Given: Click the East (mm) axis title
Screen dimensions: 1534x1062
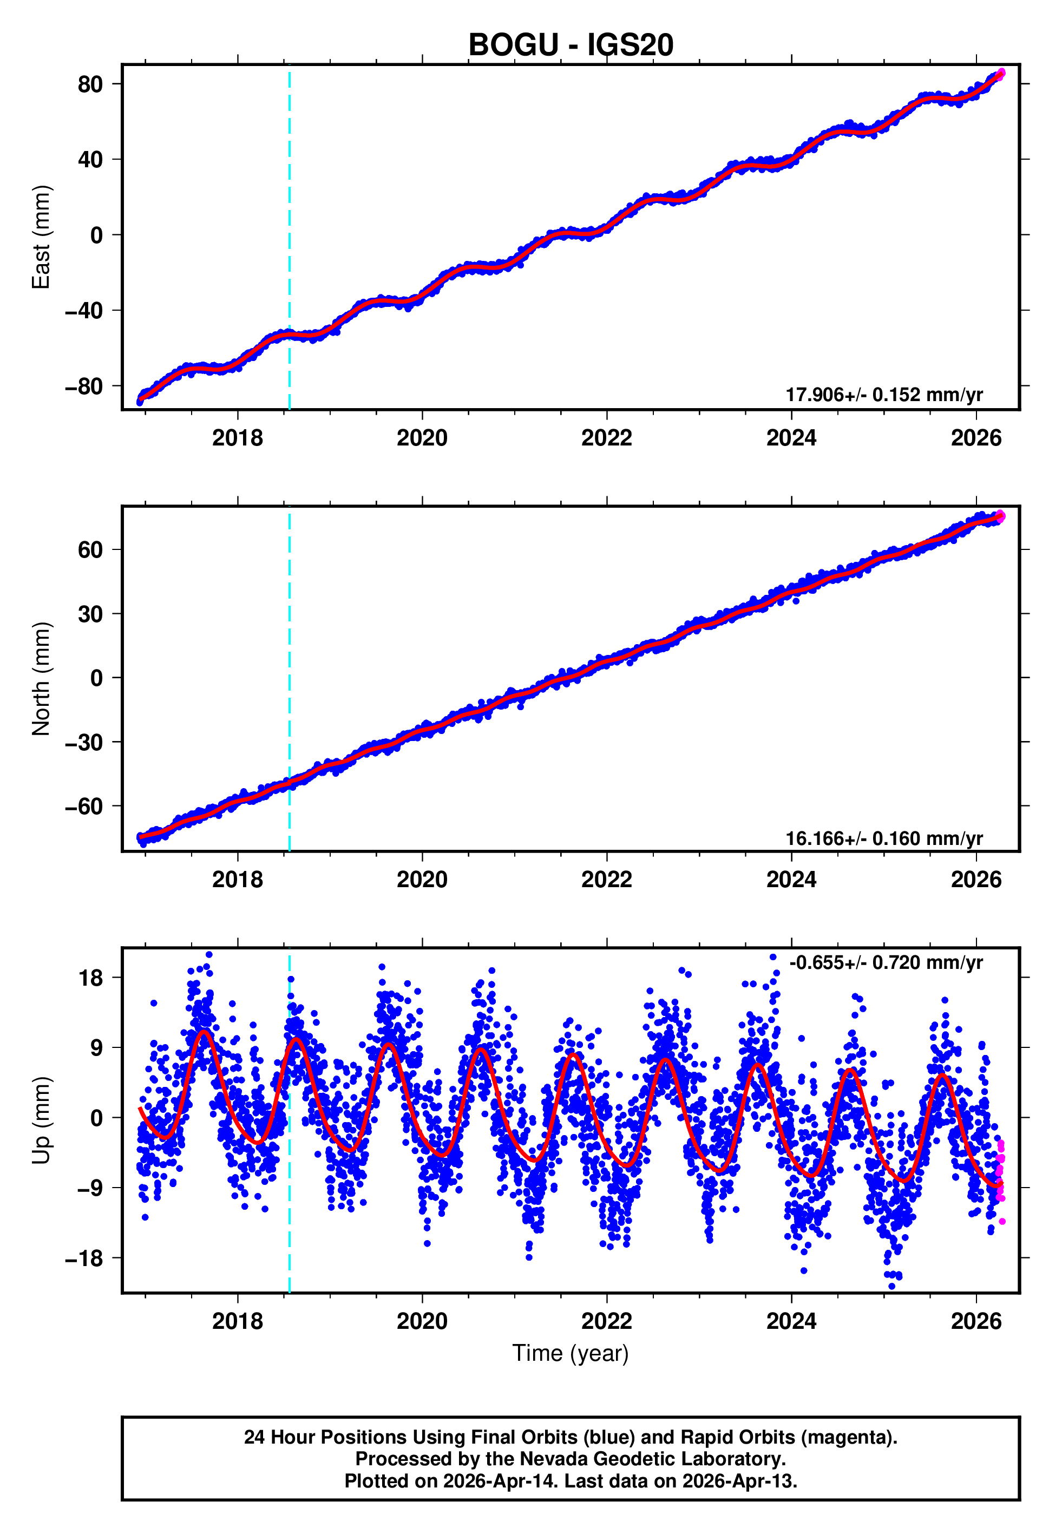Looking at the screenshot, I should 41,237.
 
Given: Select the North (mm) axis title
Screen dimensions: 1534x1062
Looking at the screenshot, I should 41,679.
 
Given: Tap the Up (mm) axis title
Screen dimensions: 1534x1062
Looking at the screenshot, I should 41,1120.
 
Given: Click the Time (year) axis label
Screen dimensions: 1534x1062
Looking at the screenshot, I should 571,1354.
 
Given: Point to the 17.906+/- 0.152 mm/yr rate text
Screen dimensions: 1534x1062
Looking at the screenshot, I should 884,395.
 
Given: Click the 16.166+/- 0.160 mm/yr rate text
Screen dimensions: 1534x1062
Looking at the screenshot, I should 884,838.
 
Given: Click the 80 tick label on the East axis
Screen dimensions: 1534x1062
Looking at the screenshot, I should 90,84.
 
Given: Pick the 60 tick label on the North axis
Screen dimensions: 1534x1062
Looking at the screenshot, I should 90,550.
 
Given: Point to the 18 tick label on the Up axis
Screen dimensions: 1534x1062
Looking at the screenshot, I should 90,978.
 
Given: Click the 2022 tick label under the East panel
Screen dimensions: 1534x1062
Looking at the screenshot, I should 606,438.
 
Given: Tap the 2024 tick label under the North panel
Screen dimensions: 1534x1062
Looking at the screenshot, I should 791,880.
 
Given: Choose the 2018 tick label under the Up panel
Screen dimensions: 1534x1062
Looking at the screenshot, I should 238,1321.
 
